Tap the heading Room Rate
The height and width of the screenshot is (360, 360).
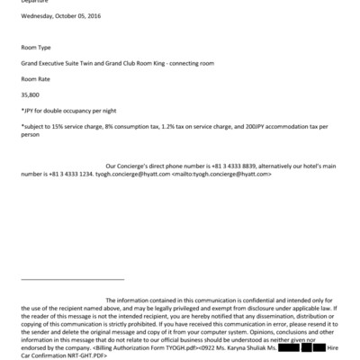coord(37,78)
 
